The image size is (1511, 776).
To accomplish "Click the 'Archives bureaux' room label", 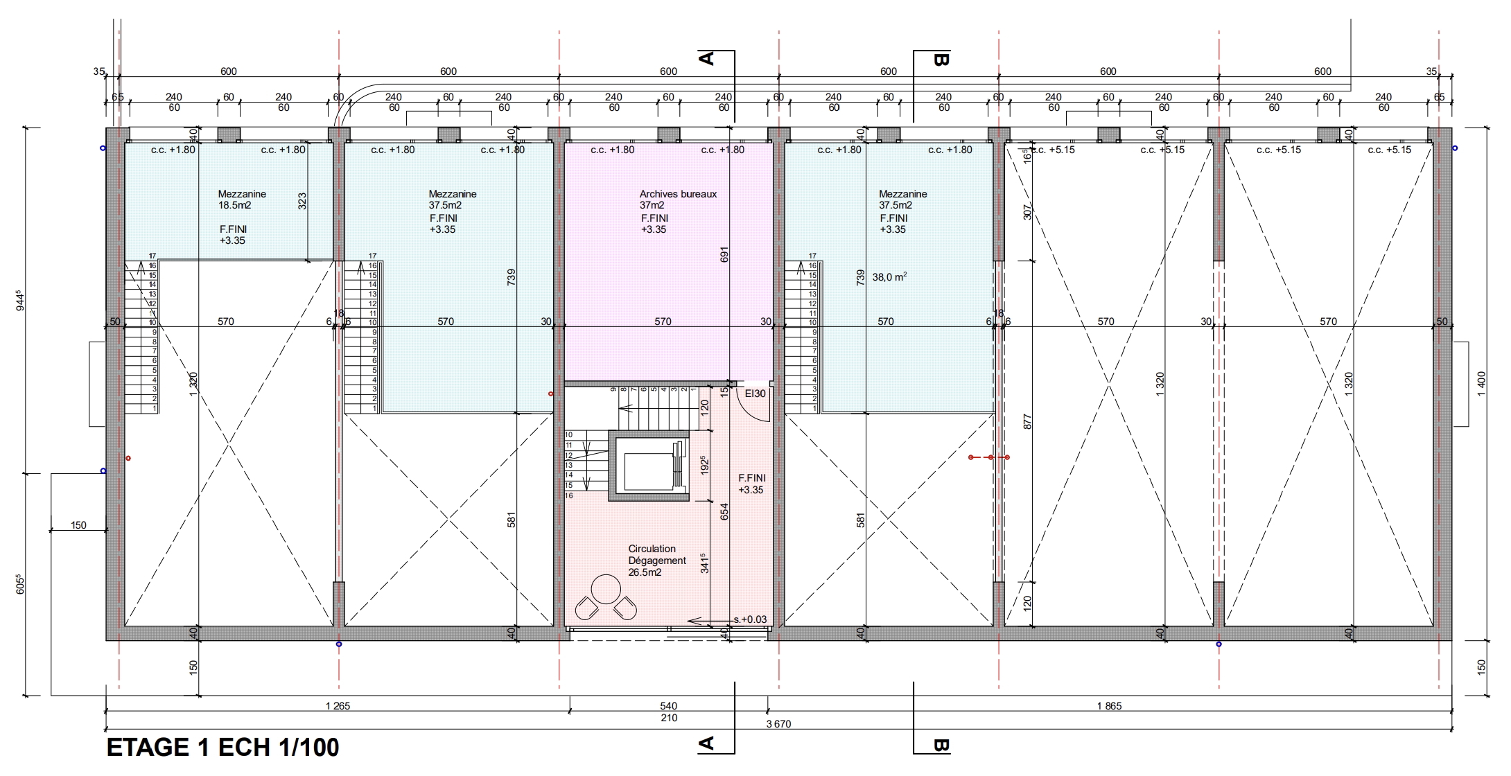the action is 678,194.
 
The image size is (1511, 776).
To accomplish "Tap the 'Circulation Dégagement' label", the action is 657,554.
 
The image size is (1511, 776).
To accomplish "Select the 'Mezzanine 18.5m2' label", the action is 242,200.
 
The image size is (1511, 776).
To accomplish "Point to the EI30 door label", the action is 755,394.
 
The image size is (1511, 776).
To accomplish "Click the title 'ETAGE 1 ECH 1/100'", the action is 222,748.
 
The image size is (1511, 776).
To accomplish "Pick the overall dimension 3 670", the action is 778,724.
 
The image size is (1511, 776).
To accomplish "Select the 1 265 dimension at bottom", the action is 338,706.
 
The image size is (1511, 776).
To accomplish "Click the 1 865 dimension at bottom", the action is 1109,706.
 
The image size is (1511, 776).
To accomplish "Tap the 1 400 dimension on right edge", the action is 1481,384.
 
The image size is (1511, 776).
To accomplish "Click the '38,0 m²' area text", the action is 889,276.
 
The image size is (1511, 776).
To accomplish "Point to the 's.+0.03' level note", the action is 750,619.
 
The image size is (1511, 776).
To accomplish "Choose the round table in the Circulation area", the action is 606,589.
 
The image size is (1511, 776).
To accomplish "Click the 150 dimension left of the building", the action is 78,525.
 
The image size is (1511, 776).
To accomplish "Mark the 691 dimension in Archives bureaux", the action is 725,255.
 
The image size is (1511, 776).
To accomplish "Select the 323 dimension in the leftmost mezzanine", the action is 302,201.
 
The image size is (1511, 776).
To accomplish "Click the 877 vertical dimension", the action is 1027,421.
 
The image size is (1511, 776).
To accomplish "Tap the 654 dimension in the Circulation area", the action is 725,511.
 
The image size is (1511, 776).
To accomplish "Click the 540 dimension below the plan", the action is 668,706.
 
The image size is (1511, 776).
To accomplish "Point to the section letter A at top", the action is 706,58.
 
